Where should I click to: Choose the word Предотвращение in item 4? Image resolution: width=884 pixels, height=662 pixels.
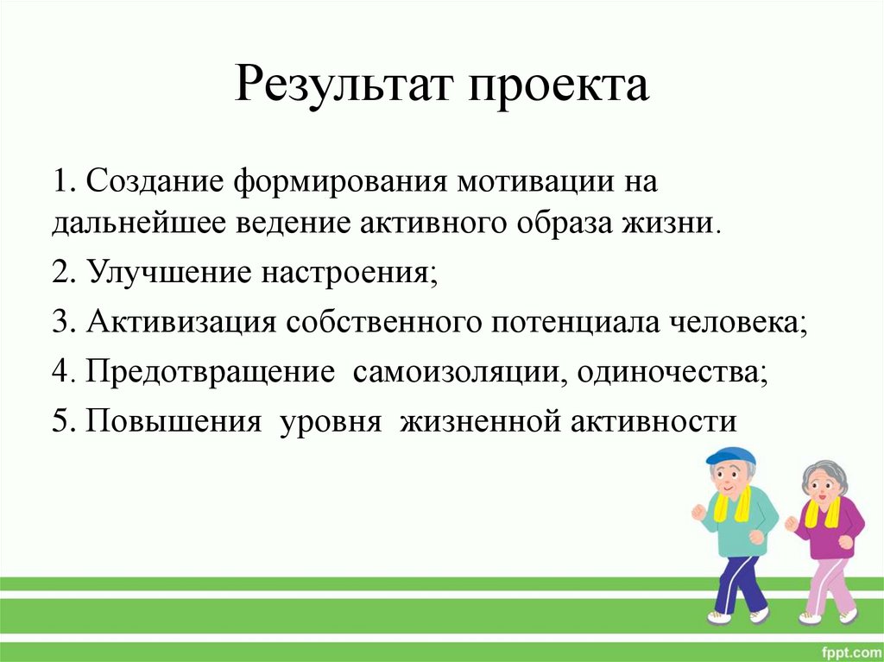210,372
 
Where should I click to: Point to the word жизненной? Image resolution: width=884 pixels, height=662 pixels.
479,421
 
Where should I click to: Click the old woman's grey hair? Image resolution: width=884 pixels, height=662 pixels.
826,473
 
